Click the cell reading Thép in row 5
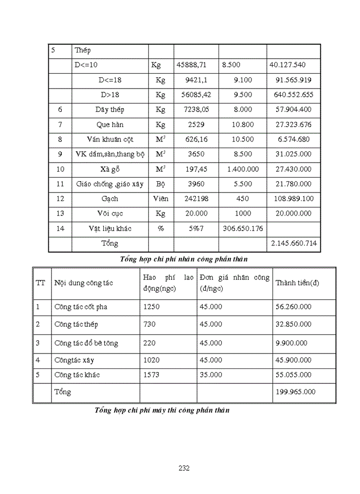point(82,50)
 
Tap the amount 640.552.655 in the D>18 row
point(294,95)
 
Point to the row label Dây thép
point(110,110)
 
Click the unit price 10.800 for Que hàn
point(242,125)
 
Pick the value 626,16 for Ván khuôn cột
point(195,139)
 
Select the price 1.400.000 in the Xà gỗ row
point(242,169)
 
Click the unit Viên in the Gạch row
point(160,199)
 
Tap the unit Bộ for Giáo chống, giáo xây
point(160,184)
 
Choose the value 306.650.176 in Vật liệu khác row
point(242,228)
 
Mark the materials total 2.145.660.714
point(294,243)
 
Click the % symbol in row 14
point(160,228)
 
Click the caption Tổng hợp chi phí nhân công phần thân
point(187,259)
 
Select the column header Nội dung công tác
point(83,283)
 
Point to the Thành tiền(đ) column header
point(297,283)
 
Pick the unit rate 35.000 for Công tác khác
point(211,375)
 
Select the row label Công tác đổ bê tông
point(83,343)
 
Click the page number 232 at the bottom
point(184,468)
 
